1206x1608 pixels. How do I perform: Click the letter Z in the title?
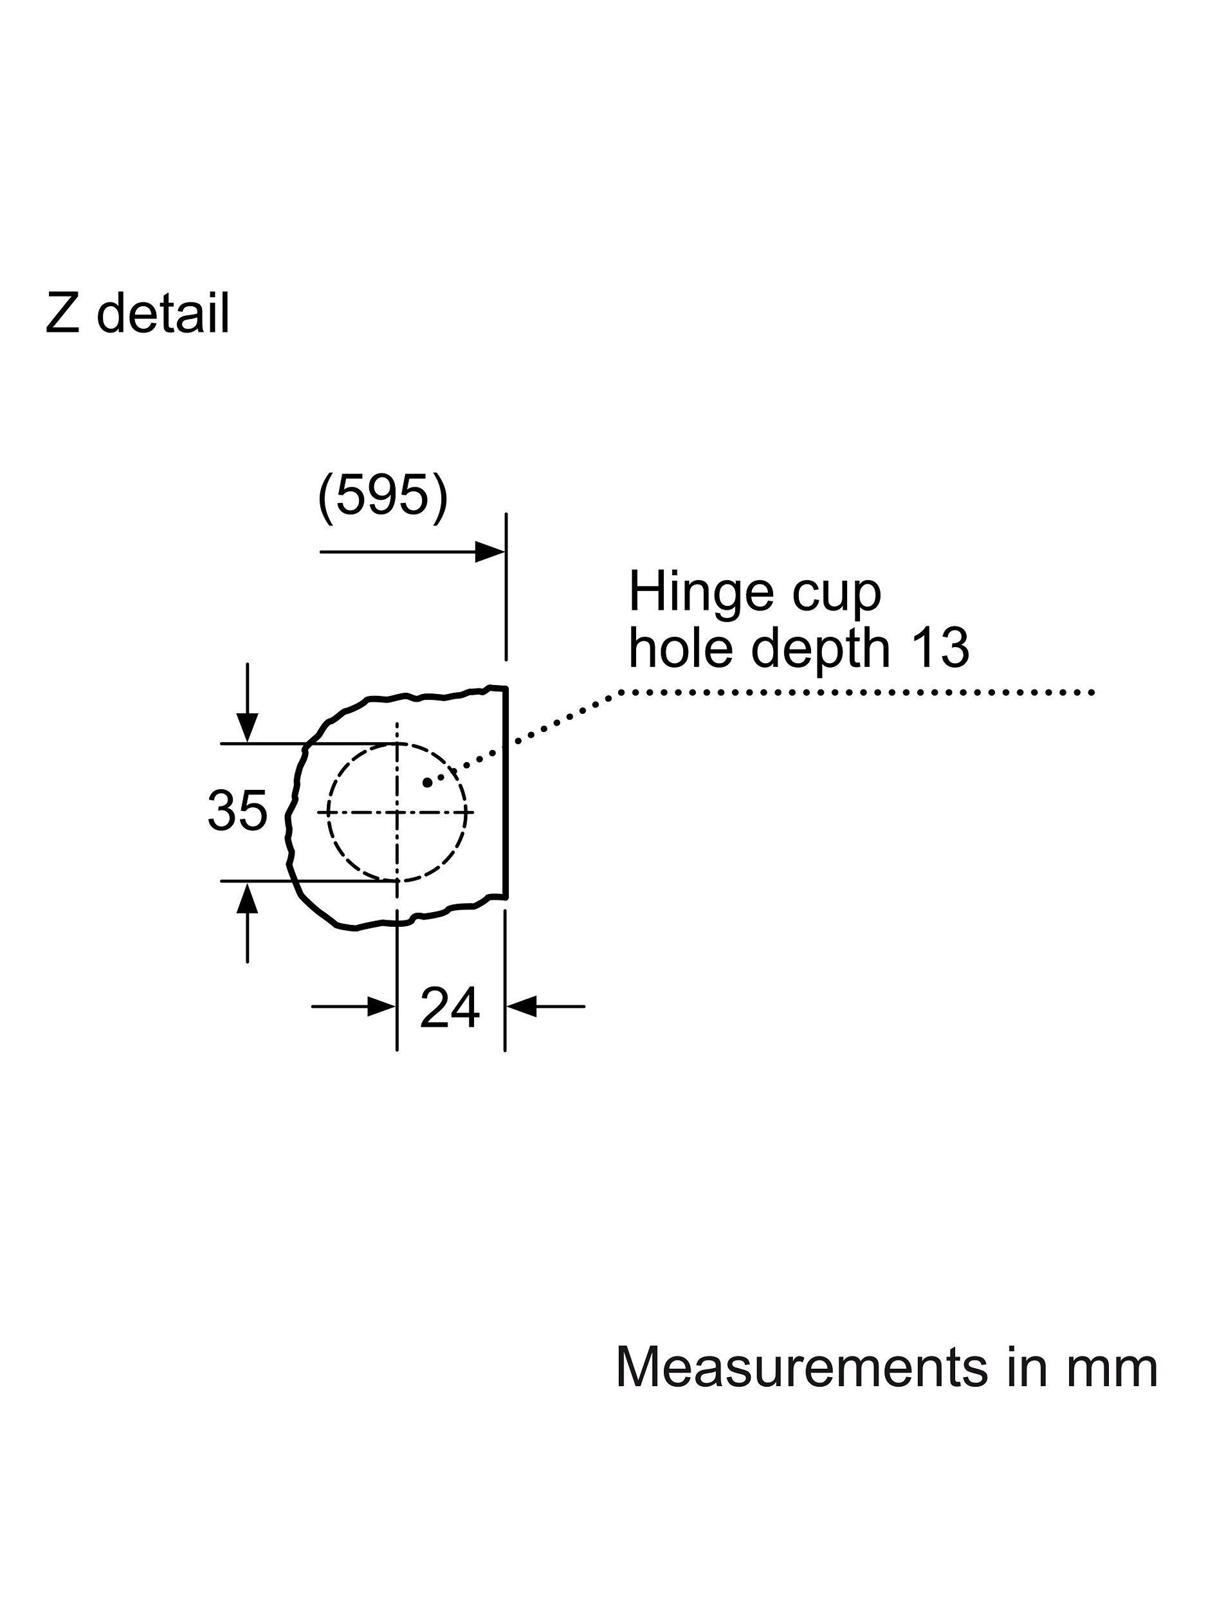(62, 313)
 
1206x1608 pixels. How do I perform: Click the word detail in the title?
(163, 313)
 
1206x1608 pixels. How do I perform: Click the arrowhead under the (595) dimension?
(490, 552)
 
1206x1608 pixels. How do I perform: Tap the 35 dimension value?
(237, 811)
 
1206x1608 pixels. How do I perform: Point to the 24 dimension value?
(450, 1007)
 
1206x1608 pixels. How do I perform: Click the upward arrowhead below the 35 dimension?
(248, 897)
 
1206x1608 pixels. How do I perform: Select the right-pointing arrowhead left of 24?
(381, 1007)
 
